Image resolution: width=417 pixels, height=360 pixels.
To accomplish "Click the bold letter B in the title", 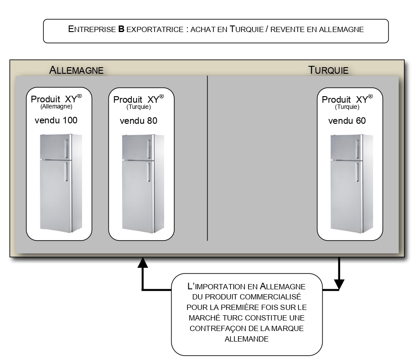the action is [x=121, y=29].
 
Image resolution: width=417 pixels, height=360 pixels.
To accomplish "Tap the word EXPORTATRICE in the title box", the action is [x=155, y=29].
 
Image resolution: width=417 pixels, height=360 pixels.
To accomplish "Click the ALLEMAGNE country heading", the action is [x=76, y=70].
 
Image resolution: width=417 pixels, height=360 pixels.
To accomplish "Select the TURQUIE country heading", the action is [x=328, y=70].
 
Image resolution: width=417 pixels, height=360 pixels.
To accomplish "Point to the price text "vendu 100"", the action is [x=56, y=120].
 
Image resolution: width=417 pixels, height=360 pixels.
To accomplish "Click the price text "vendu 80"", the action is [x=139, y=121].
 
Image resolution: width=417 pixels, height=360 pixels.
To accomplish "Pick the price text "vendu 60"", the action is [x=347, y=121].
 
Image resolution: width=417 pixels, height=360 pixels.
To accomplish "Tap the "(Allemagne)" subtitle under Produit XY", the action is [x=56, y=106].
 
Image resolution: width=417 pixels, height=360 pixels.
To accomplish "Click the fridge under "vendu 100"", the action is [x=61, y=184].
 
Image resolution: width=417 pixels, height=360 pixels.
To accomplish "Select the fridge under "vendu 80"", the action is [x=143, y=184].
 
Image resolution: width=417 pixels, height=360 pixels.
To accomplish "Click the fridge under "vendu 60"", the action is [x=352, y=184].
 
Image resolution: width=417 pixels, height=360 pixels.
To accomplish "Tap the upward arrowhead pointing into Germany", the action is [x=143, y=263].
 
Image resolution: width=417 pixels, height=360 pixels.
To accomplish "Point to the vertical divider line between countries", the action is [x=208, y=158].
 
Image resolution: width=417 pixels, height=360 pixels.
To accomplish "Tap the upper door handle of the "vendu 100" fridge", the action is [x=66, y=149].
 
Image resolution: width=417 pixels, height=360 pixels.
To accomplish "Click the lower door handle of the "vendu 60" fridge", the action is [x=357, y=172].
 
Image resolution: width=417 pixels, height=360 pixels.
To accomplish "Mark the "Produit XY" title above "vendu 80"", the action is [x=139, y=99].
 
